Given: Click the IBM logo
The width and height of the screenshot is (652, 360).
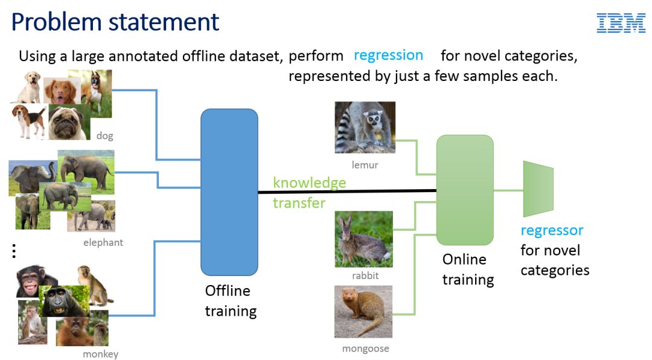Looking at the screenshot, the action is [x=621, y=23].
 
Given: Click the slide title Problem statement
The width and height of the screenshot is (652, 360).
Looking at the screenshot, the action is [x=115, y=22].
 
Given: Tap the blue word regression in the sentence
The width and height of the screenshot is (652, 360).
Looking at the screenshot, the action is [x=388, y=56].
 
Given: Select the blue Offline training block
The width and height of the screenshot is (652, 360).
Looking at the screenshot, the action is [x=229, y=192].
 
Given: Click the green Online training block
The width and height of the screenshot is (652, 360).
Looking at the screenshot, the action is [x=465, y=190].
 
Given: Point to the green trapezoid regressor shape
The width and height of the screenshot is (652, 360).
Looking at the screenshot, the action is [x=538, y=189].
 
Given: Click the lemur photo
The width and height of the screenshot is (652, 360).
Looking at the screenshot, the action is [x=365, y=127].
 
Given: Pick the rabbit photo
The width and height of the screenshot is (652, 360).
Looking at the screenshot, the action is [x=364, y=239].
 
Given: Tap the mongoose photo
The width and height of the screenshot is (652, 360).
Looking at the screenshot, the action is [x=363, y=312].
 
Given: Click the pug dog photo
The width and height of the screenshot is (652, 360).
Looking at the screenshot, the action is [x=68, y=123].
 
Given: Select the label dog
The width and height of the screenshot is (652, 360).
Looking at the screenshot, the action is [x=105, y=136].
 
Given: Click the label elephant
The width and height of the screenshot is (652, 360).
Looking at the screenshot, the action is [x=103, y=242].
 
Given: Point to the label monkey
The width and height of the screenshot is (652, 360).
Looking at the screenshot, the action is [x=101, y=354].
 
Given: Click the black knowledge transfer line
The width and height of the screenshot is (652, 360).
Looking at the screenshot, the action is [x=347, y=191].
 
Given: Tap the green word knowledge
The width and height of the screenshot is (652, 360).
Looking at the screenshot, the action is [x=309, y=182].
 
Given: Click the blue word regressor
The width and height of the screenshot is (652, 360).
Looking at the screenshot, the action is [x=552, y=230].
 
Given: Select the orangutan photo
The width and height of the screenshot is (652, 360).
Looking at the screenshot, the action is [x=74, y=331].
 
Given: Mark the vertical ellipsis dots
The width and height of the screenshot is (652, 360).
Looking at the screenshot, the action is [x=14, y=251].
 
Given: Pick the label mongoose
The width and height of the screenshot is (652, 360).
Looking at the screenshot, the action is [x=365, y=349].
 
